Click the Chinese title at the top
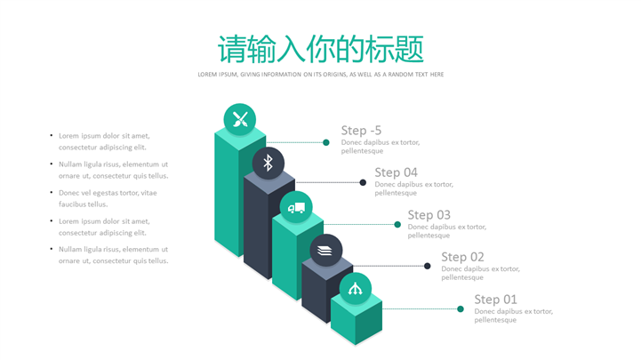(x=320, y=49)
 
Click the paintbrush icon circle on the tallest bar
(x=239, y=119)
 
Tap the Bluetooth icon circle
(x=268, y=163)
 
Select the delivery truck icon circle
(x=296, y=207)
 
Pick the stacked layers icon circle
(x=325, y=251)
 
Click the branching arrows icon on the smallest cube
(x=356, y=289)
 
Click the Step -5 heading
(x=361, y=131)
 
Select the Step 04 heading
(x=397, y=172)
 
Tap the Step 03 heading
(x=429, y=215)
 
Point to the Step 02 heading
(x=463, y=257)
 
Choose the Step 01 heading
(x=496, y=300)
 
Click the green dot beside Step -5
(x=325, y=142)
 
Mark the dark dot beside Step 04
(x=363, y=182)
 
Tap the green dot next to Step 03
(x=397, y=224)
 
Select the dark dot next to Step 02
(x=428, y=266)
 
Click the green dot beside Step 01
(x=461, y=309)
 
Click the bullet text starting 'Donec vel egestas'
(x=108, y=198)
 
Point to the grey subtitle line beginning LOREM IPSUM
(x=320, y=75)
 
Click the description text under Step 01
(x=514, y=316)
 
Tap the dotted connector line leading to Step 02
(x=389, y=266)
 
